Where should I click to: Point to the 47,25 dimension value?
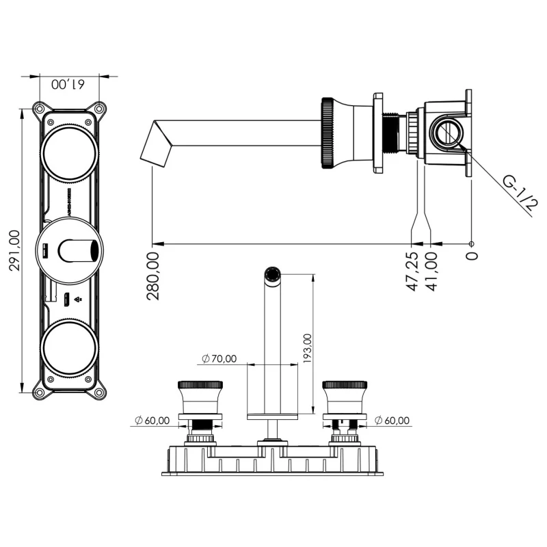pos(412,271)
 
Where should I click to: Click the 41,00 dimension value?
pos(431,271)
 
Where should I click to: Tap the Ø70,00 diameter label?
pos(219,358)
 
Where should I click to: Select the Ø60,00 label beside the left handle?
pos(152,421)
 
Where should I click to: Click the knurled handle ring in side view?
pos(327,133)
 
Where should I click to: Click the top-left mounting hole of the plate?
pos(39,108)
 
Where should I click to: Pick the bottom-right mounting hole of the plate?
pos(100,392)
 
